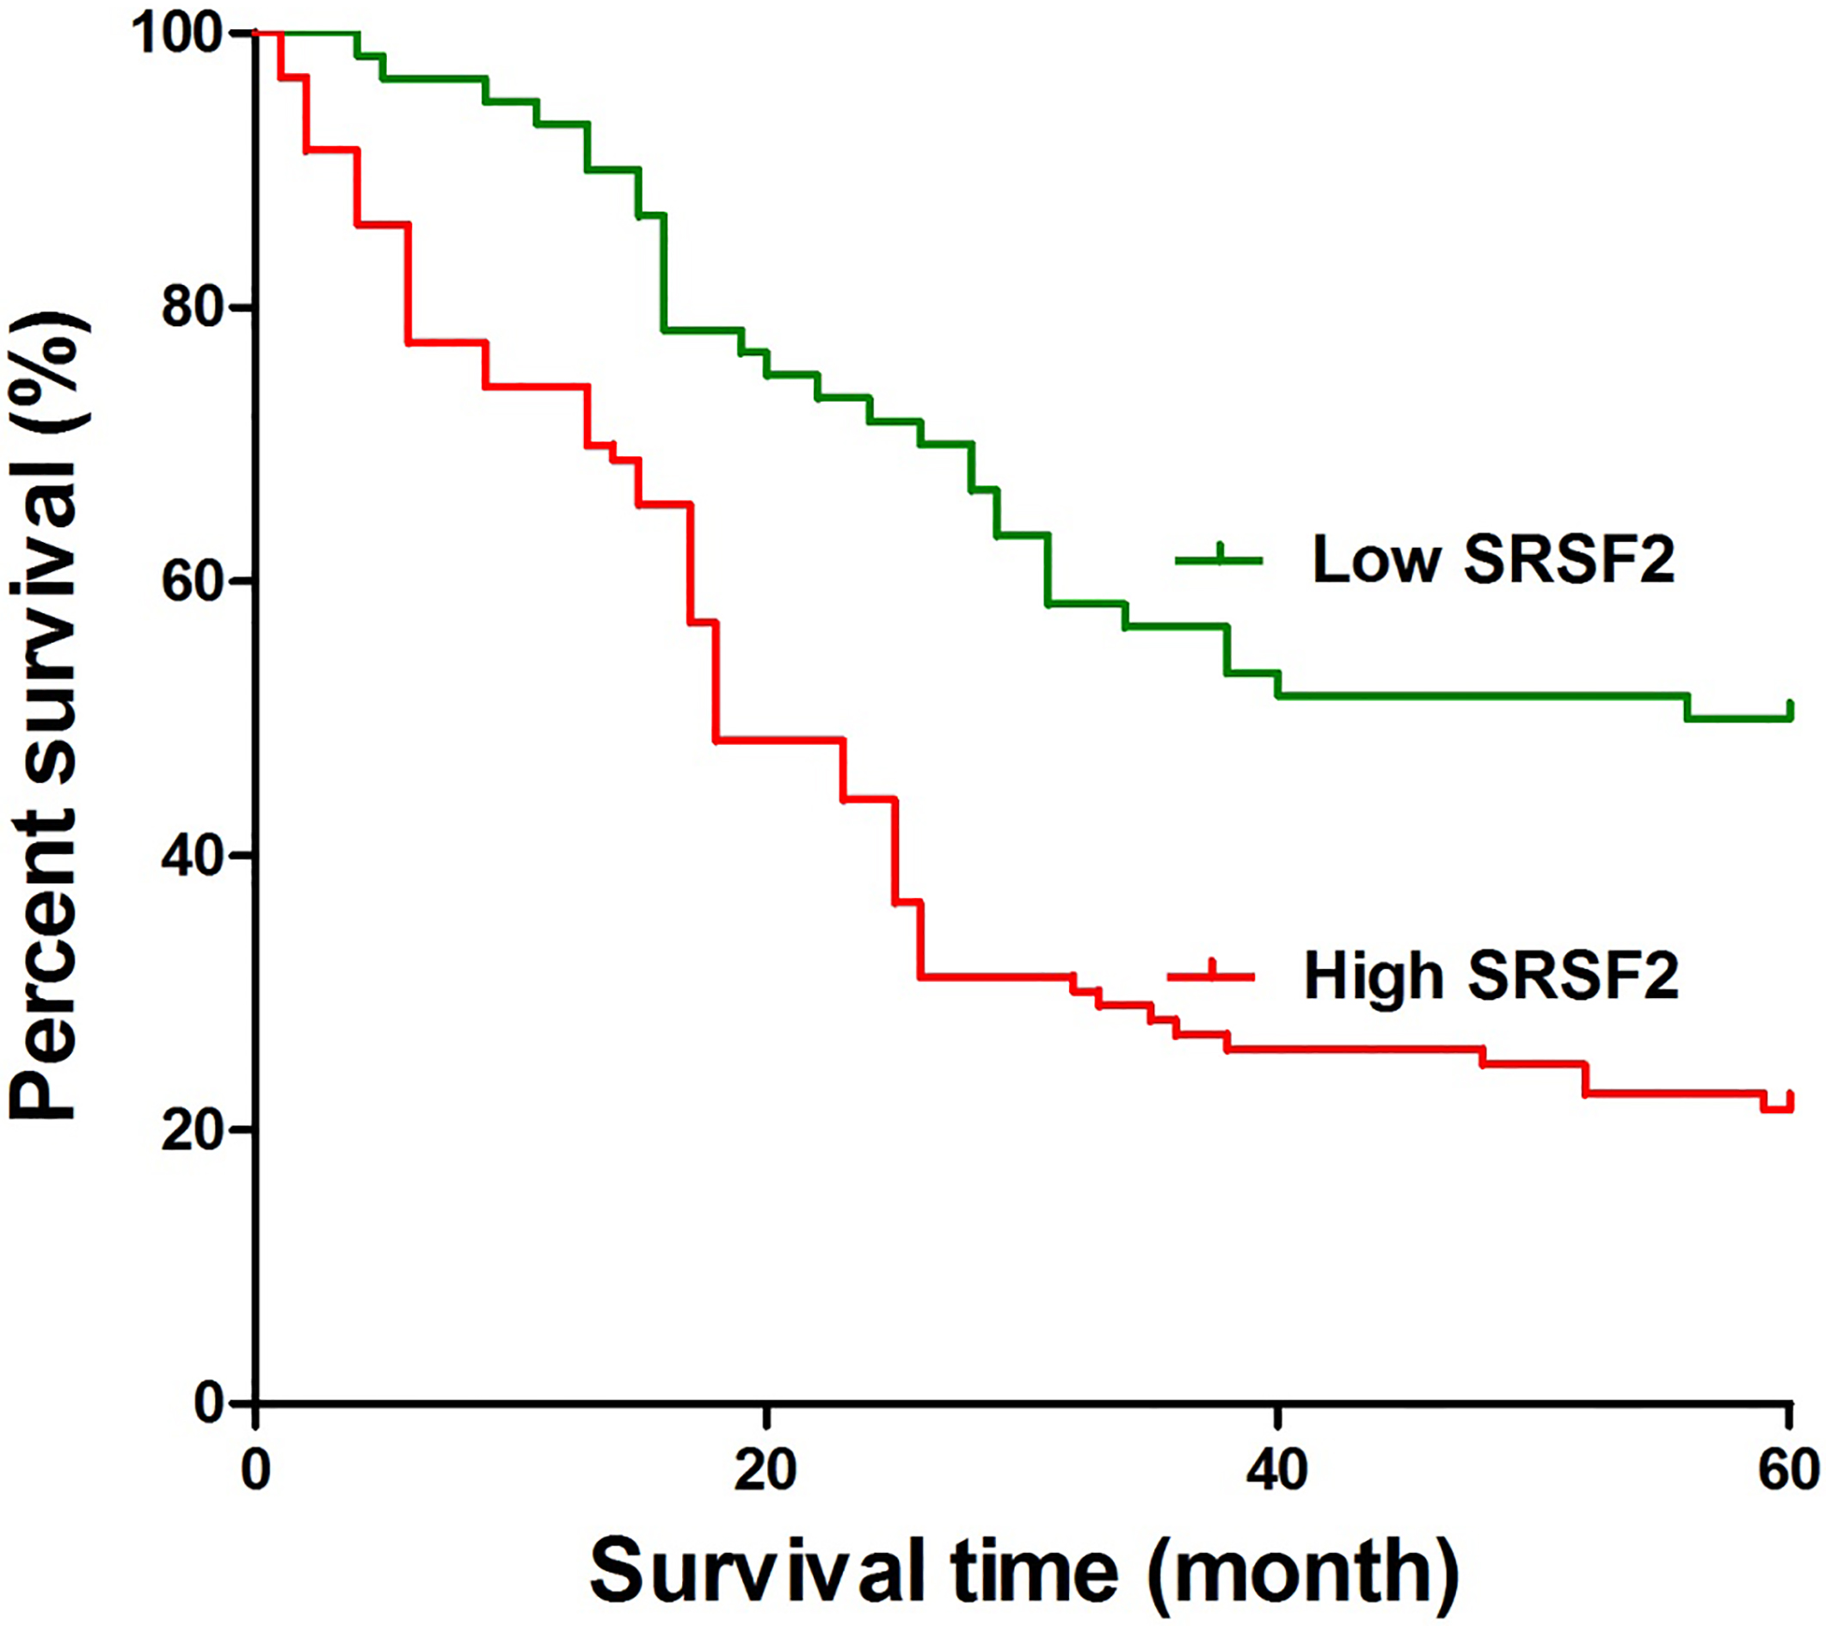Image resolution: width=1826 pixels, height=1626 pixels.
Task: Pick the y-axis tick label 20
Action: (x=192, y=1130)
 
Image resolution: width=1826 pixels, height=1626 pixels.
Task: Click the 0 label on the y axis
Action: (x=207, y=1403)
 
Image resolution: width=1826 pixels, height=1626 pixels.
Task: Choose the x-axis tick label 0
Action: (x=256, y=1469)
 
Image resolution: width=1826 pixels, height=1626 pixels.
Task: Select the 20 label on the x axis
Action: (x=765, y=1469)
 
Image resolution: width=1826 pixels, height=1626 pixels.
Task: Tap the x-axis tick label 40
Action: (x=1277, y=1469)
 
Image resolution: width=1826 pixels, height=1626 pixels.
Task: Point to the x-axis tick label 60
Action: (x=1789, y=1469)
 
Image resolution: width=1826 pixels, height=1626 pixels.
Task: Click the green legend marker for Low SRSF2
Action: (x=1219, y=560)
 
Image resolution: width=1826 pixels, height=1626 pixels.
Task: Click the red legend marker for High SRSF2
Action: (x=1211, y=975)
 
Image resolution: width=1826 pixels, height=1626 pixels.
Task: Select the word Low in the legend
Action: (x=1377, y=560)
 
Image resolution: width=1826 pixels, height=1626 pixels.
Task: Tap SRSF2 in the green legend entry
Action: (x=1570, y=560)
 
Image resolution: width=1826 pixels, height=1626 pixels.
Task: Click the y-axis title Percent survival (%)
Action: (x=49, y=715)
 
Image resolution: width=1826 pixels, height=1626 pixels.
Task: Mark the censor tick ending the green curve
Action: (x=1790, y=710)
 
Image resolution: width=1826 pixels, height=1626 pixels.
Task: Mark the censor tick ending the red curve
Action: (x=1790, y=1100)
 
